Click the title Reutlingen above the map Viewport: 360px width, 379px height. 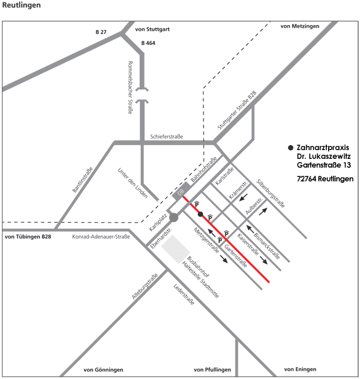pos(21,6)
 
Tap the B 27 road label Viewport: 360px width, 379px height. pos(101,32)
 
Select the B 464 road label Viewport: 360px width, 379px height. pos(148,43)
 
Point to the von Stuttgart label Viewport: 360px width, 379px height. pos(152,29)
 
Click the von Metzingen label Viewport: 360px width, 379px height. pos(300,26)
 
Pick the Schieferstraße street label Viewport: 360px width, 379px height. pos(167,136)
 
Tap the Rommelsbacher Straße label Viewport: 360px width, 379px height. pos(130,88)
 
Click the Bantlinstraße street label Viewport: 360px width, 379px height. pos(83,179)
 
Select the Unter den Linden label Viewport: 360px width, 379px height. pos(133,183)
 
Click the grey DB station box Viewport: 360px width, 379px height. pos(181,191)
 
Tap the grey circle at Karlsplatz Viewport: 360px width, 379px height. pos(173,218)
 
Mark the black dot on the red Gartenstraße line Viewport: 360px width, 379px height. pos(200,214)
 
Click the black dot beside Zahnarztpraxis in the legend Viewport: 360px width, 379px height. pos(291,148)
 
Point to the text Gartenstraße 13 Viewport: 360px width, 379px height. pos(324,165)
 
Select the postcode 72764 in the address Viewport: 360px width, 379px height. pos(307,179)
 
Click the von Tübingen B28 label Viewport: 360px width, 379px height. pos(28,236)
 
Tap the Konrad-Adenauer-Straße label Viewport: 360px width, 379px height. pos(101,236)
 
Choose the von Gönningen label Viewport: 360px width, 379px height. pos(103,370)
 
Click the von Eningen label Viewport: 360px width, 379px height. pos(300,369)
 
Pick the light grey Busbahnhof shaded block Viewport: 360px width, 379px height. pos(176,250)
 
